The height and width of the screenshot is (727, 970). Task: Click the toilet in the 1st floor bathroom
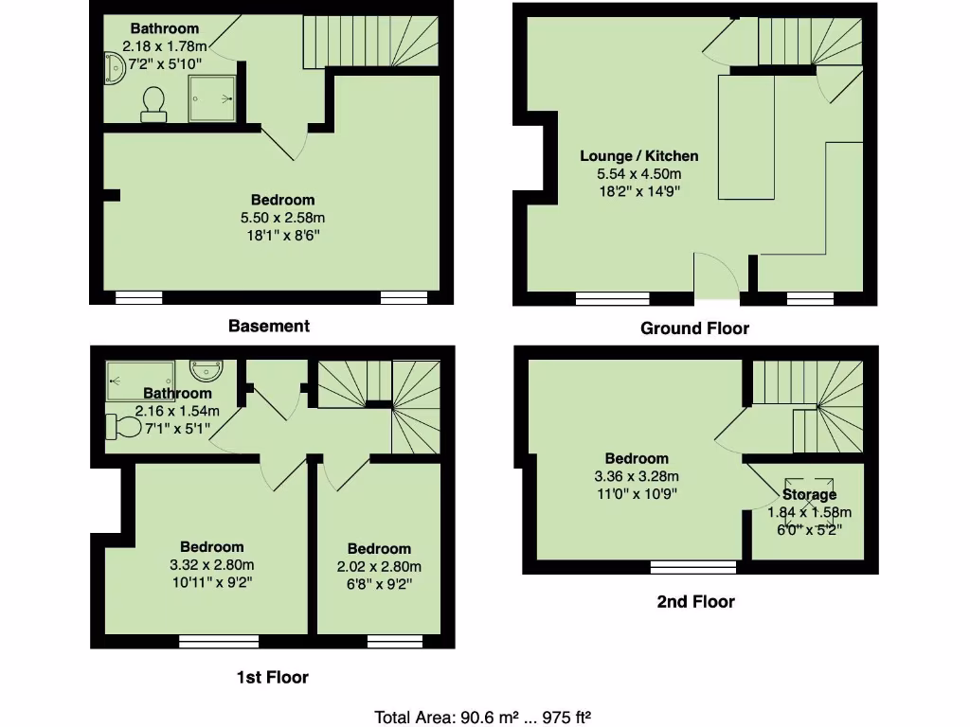(x=122, y=427)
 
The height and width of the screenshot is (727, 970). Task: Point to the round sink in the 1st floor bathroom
(x=206, y=368)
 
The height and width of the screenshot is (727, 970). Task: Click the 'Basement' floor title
(x=268, y=326)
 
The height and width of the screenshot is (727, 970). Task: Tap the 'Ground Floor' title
(x=694, y=328)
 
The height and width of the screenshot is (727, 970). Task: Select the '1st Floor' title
(x=272, y=677)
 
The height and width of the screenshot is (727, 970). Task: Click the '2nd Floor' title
(x=695, y=601)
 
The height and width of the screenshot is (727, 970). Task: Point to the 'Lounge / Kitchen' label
(x=639, y=156)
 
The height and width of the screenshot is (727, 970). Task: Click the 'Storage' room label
(x=809, y=494)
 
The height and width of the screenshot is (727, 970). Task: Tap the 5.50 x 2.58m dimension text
(x=282, y=218)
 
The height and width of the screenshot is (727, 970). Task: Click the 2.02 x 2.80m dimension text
(x=379, y=566)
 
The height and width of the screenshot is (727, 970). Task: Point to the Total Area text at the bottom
(x=483, y=717)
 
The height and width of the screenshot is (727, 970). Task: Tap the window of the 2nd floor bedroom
(x=693, y=567)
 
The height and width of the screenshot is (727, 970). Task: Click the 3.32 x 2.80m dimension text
(x=212, y=564)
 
